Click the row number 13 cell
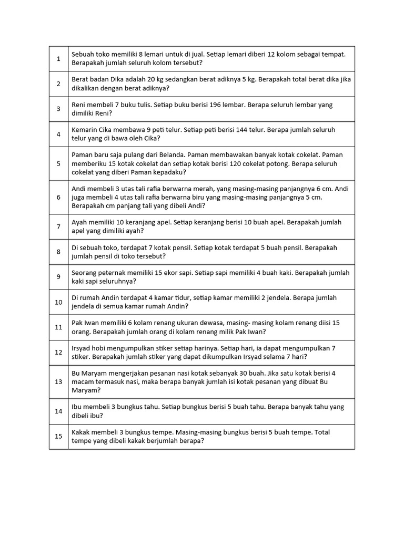(58, 381)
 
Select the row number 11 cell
(58, 327)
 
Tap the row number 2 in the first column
(58, 84)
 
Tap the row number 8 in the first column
(58, 252)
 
